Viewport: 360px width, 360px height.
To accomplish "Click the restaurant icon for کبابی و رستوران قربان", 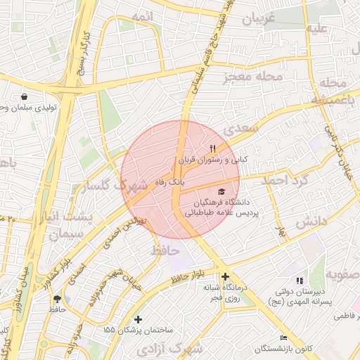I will (x=212, y=149).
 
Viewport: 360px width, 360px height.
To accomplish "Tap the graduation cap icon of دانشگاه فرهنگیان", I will (x=222, y=192).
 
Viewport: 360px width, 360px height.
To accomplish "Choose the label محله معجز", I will (x=253, y=76).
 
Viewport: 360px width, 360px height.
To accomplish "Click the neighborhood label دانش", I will (x=311, y=221).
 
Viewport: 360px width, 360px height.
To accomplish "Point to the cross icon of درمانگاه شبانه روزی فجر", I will (x=225, y=276).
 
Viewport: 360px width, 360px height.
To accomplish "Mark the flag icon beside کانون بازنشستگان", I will (x=283, y=337).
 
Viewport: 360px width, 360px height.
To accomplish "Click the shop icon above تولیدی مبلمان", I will (x=25, y=97).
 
